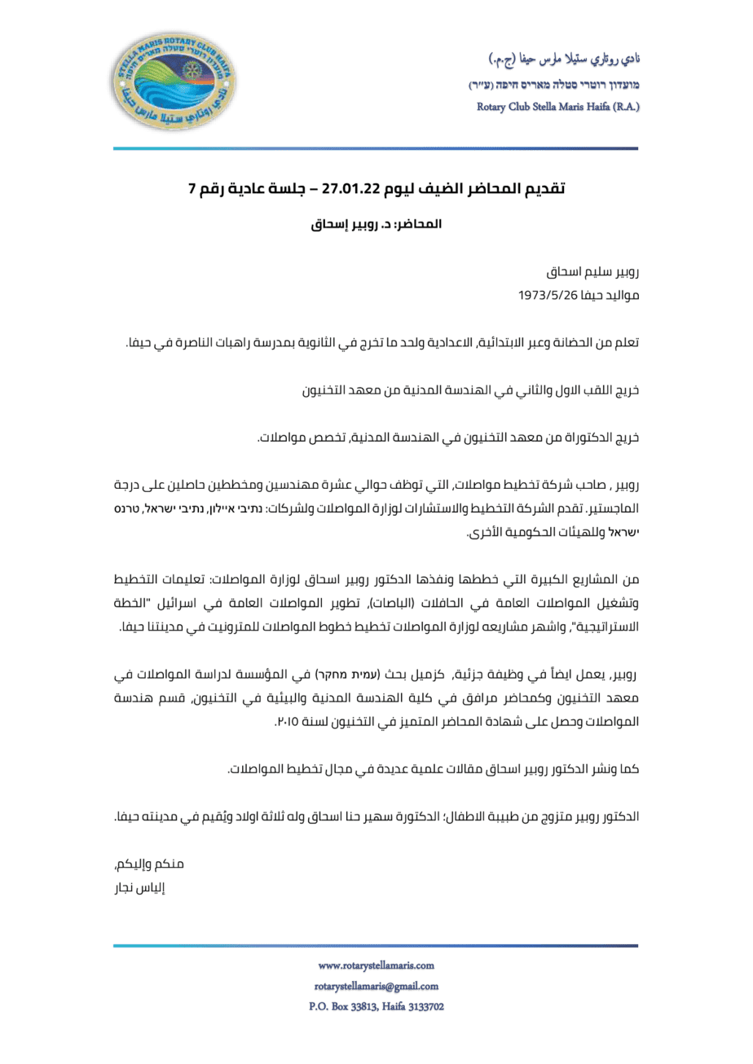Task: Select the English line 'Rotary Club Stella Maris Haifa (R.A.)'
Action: click(x=558, y=107)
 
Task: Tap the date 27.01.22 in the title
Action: click(x=352, y=190)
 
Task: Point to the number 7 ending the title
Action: click(x=192, y=190)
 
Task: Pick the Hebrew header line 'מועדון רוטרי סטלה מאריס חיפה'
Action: click(x=554, y=85)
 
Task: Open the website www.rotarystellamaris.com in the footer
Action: click(x=376, y=965)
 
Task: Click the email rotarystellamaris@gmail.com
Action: click(x=376, y=986)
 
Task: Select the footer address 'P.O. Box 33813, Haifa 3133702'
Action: click(x=376, y=1007)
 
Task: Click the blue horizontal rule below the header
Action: click(x=376, y=148)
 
